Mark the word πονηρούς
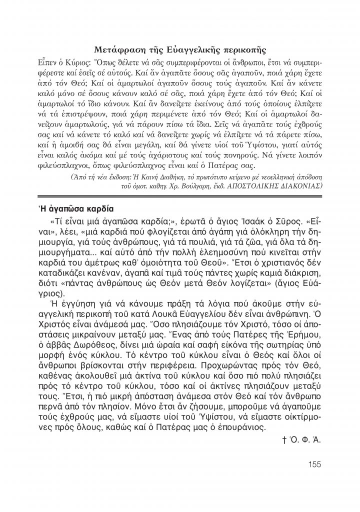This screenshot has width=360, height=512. click(x=279, y=155)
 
